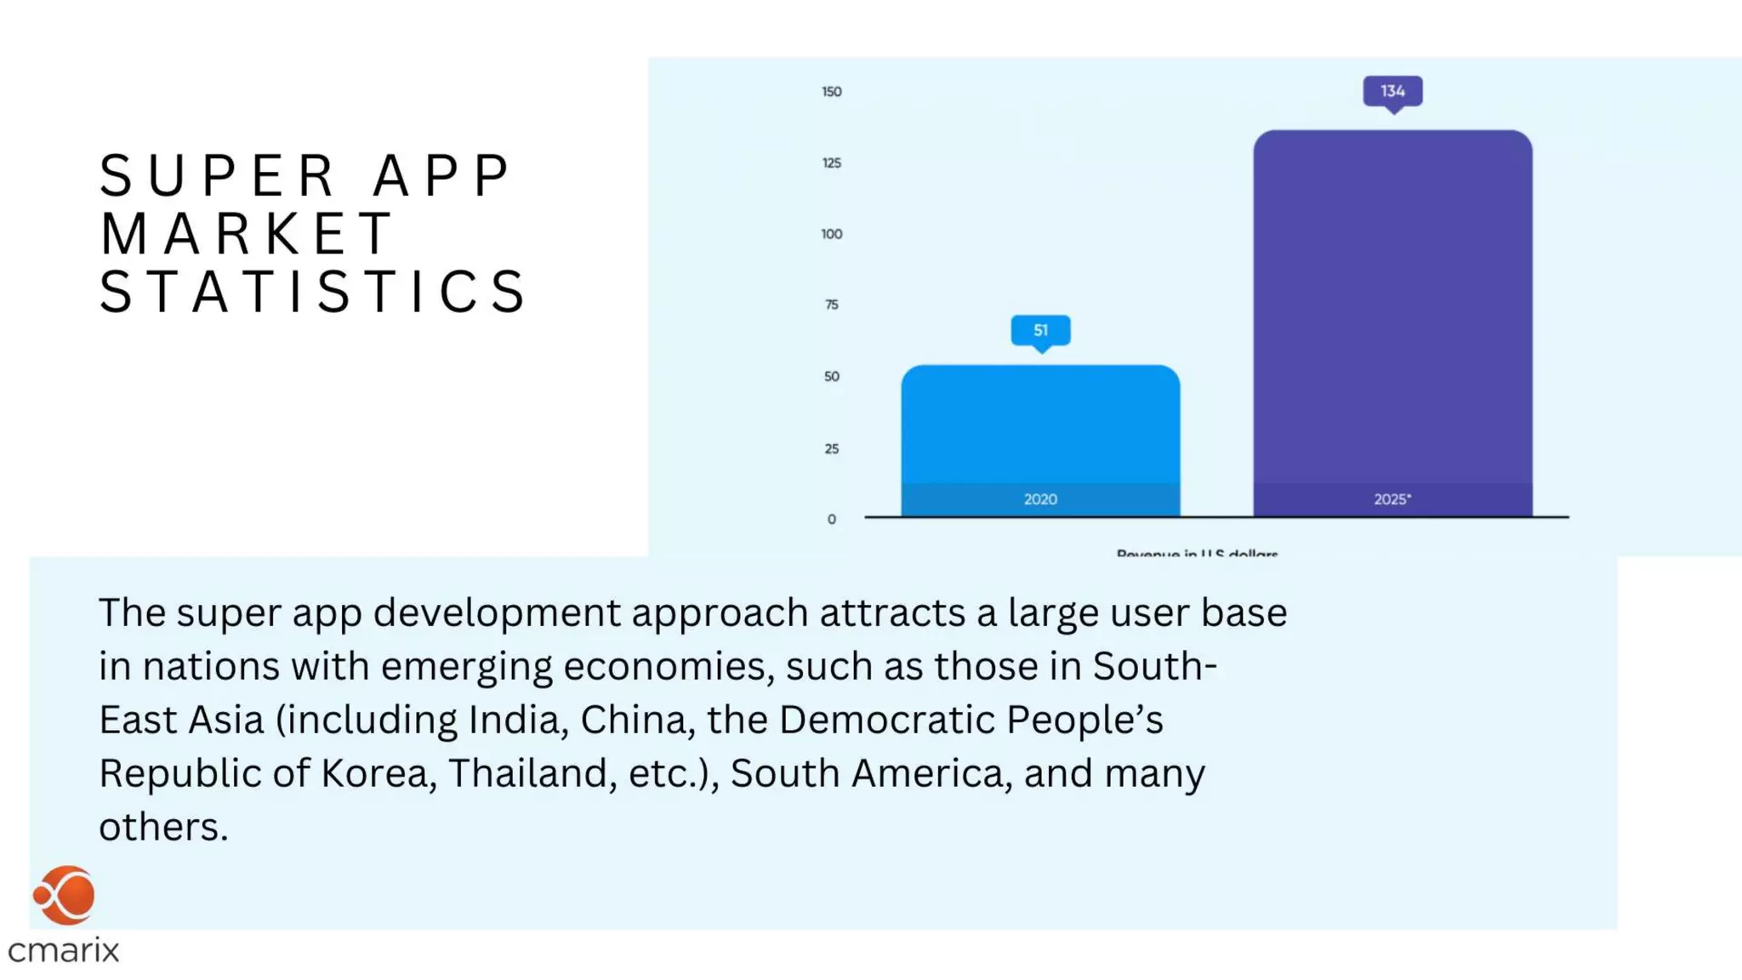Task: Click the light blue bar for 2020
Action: point(1040,425)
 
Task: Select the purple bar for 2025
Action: point(1392,306)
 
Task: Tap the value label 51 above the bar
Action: point(1040,330)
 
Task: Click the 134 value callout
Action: point(1392,91)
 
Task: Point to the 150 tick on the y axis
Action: point(831,92)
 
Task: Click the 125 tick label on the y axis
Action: point(831,162)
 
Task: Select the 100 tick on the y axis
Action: point(831,234)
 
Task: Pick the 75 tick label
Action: point(831,305)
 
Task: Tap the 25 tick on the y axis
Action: point(831,448)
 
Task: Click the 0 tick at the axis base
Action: point(831,519)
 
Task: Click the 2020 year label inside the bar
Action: point(1040,499)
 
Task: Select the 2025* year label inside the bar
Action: point(1392,499)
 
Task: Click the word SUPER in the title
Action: point(219,176)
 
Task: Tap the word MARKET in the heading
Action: point(247,234)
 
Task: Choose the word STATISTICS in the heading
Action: point(313,292)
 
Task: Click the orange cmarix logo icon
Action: point(65,895)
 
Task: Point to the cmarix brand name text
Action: point(64,950)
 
